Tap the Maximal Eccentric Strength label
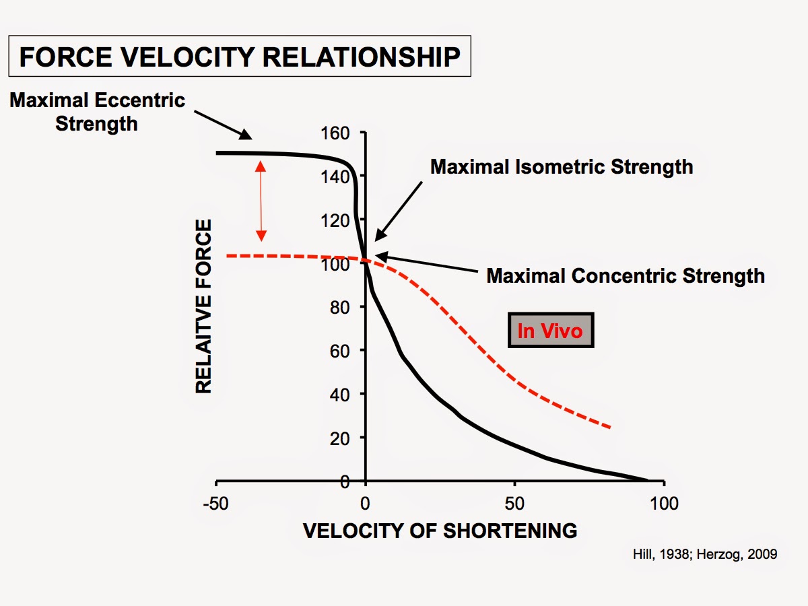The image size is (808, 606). click(97, 112)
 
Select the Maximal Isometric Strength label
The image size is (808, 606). click(562, 166)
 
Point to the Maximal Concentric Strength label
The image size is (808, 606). click(626, 275)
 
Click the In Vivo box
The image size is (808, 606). click(550, 331)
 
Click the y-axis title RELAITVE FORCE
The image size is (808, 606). click(203, 306)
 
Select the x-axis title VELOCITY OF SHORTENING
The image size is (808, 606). click(440, 531)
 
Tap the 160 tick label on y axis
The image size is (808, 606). click(337, 133)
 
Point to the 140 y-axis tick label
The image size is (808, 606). click(337, 176)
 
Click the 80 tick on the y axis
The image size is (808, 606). click(341, 307)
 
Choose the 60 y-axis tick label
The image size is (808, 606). click(341, 351)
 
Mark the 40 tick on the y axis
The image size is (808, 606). click(341, 394)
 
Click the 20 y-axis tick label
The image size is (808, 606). click(341, 438)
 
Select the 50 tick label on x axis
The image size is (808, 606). click(515, 504)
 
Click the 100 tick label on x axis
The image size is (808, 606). click(664, 504)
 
